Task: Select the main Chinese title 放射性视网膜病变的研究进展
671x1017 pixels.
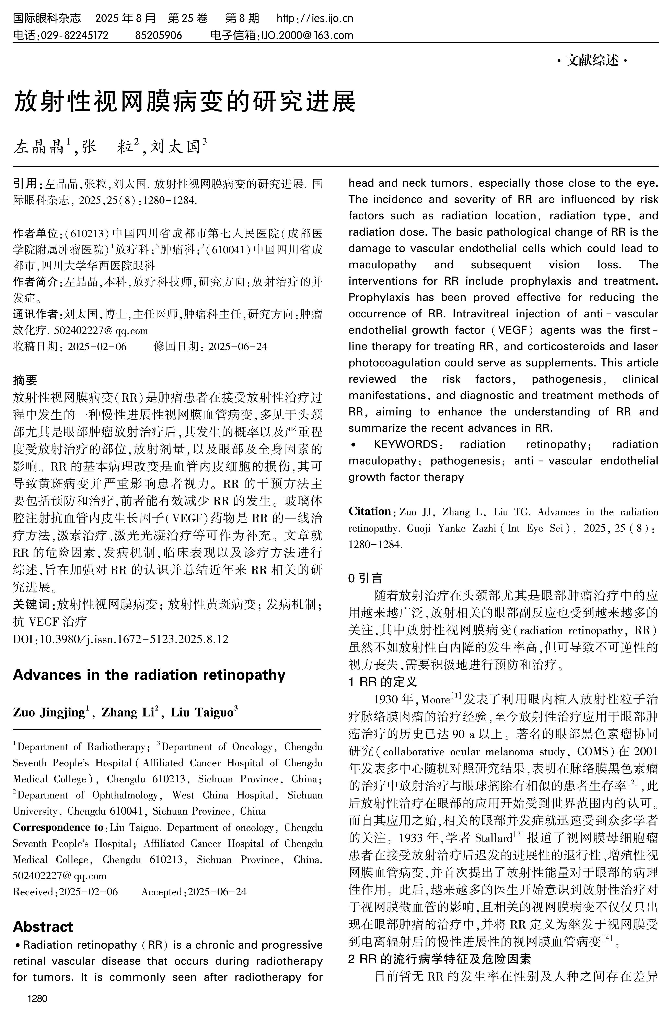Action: (x=185, y=101)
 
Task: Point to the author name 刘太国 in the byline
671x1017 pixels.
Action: (x=175, y=147)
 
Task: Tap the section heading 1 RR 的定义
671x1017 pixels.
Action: (x=383, y=682)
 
